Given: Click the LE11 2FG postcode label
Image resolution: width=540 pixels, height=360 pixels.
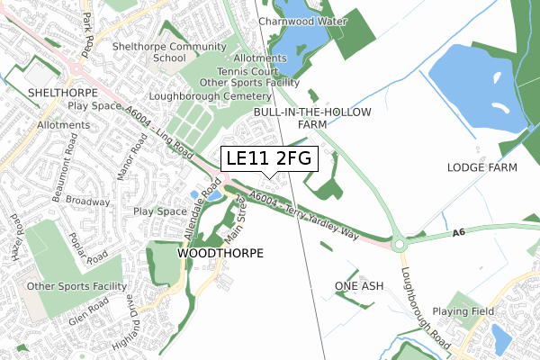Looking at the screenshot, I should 269,158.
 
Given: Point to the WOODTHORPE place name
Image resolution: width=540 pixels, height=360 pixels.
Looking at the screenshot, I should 220,254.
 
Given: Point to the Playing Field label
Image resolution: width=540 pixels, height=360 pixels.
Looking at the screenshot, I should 471,311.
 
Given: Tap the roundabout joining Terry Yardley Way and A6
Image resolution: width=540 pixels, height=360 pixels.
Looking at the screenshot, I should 399,243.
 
